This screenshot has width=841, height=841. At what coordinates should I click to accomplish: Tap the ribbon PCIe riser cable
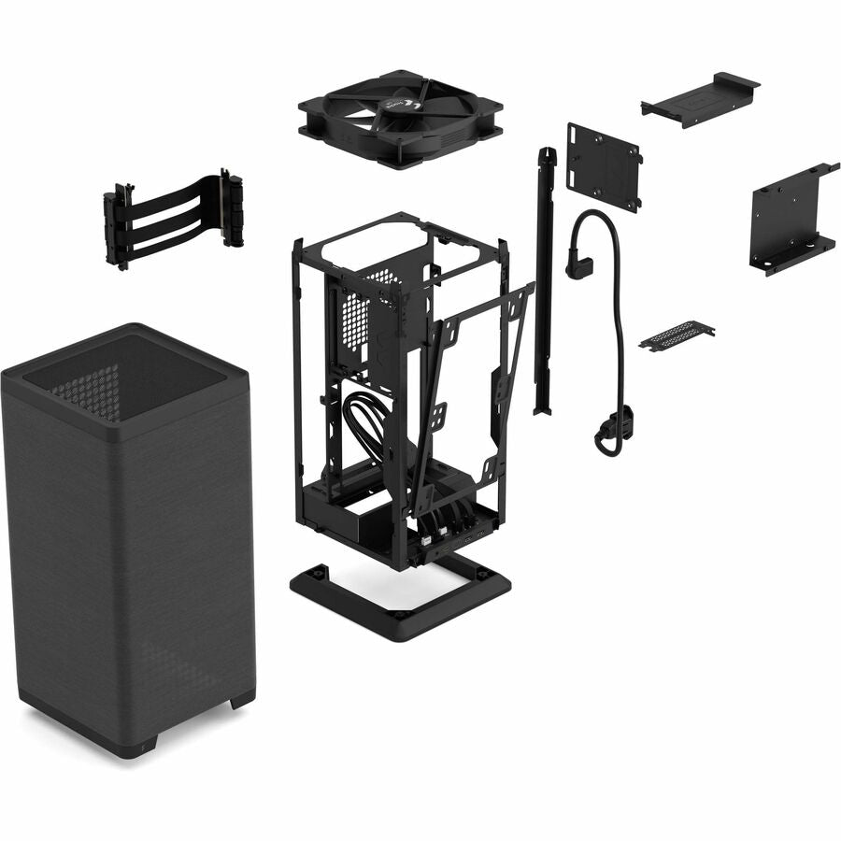173,220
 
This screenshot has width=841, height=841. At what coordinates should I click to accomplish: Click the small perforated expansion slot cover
677,335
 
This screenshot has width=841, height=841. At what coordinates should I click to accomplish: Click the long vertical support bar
544,280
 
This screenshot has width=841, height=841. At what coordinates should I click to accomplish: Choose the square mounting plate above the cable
604,166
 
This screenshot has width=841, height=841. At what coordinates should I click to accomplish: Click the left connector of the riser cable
117,226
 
